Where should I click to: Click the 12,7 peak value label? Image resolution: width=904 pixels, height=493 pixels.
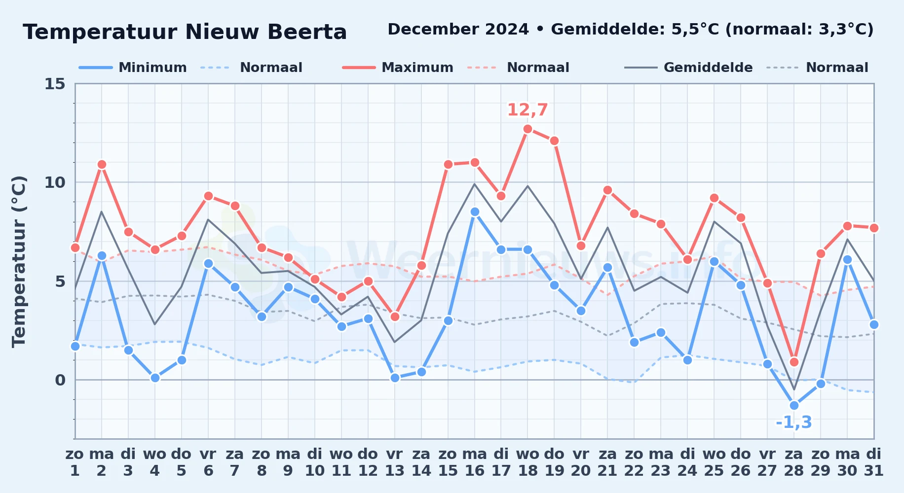coord(527,109)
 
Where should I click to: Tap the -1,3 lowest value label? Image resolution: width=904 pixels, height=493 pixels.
coord(794,423)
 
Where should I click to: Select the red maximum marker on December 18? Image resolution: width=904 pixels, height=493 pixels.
coord(527,129)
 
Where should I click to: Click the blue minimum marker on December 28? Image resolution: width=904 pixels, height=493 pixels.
coord(794,405)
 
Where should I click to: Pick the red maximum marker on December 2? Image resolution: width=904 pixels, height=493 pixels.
coord(102,165)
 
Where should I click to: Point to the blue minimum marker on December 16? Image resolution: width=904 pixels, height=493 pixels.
coord(475,212)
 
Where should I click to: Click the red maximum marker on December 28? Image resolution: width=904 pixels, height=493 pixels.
coord(794,362)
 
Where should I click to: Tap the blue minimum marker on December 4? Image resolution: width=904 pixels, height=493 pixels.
coord(155,378)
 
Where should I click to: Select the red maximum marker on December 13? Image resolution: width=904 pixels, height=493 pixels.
coord(395,317)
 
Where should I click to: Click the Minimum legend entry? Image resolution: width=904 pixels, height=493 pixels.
coord(133,68)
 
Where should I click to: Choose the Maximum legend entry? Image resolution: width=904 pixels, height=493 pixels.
coord(398,68)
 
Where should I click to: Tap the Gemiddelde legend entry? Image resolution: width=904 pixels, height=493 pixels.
coord(689,68)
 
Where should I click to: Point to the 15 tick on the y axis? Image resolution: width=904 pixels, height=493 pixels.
coord(55,84)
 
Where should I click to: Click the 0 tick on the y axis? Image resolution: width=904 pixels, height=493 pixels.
coord(60,380)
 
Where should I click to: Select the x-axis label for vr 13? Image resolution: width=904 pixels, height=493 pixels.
coord(395,462)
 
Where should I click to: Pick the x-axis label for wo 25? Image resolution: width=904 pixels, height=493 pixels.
coord(714,462)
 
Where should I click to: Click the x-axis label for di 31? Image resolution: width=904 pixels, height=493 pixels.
coord(874,462)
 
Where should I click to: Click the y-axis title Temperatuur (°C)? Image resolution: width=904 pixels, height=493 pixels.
coord(19,261)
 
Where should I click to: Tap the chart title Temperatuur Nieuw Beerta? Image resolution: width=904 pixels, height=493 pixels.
coord(185,32)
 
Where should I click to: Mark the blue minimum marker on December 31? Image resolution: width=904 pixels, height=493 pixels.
coord(874,324)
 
